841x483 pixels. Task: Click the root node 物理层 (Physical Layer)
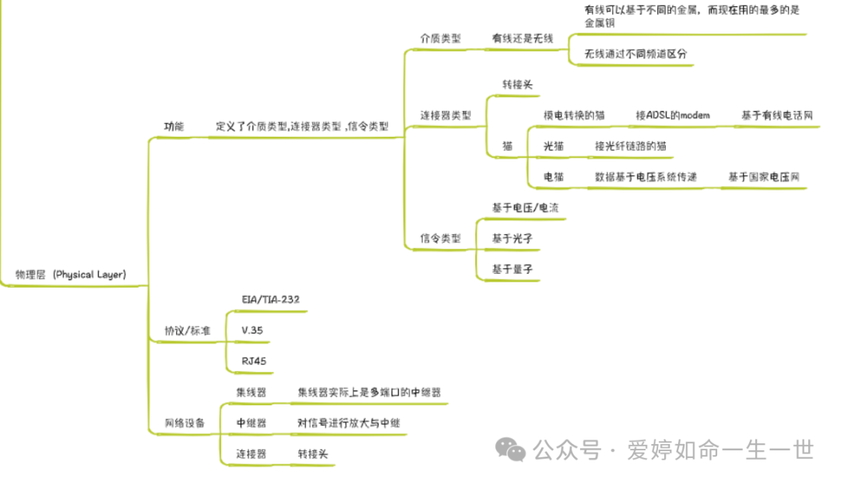71,275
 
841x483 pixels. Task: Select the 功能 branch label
174,126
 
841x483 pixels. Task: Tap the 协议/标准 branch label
187,331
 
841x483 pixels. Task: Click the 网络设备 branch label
185,423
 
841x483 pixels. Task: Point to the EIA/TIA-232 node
271,299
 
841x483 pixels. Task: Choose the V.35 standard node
252,331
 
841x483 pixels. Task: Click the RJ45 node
254,361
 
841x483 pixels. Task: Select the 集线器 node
252,393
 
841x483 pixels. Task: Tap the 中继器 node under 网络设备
252,423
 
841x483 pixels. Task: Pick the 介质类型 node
441,38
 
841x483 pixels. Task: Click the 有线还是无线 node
523,38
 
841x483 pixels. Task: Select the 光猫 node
554,146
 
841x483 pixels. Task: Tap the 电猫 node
554,177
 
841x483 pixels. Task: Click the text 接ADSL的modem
673,115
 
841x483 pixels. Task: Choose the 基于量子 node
512,269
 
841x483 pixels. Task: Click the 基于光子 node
512,238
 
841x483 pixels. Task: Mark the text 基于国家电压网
764,177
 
